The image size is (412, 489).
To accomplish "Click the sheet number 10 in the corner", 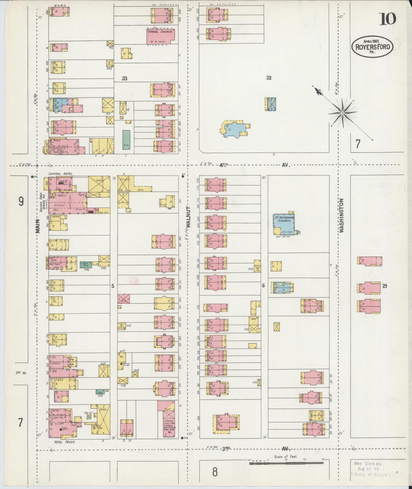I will pos(387,19).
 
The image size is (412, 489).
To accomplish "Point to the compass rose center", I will pos(342,113).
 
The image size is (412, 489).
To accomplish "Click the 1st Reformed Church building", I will pos(284,223).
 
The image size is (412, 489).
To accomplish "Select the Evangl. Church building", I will pos(160,36).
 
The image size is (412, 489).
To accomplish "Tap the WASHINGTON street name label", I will pos(342,215).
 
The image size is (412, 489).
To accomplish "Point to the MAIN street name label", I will pos(38,226).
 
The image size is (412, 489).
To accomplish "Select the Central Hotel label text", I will pos(61,174).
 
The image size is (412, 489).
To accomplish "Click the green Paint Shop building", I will pos(86,265).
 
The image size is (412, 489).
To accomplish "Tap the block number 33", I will pos(124,78).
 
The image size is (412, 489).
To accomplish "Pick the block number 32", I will pos(268,78).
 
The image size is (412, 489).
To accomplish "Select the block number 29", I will pos(384,286).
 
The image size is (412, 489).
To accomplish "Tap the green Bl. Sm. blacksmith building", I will pos(126,140).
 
